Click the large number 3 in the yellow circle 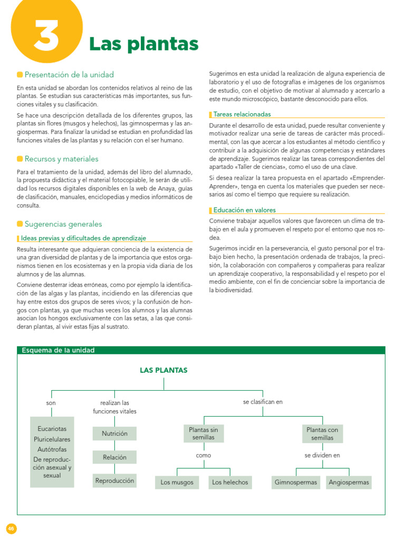pos(47,36)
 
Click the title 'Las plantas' pos(143,44)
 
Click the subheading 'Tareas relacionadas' pos(242,114)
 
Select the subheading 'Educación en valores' pos(244,210)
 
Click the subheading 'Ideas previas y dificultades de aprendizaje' pos(83,238)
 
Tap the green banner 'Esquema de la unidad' pos(57,350)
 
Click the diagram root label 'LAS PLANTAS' pos(163,370)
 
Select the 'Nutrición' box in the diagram pos(114,433)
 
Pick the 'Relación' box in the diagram pos(114,457)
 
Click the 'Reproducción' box pos(114,480)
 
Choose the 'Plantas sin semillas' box pos(203,433)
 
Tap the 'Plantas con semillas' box pos(322,433)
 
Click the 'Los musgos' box pos(177,482)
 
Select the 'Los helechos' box pos(229,482)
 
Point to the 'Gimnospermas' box pos(296,482)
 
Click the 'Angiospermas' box pos(349,482)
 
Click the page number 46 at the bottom pos(12,528)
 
